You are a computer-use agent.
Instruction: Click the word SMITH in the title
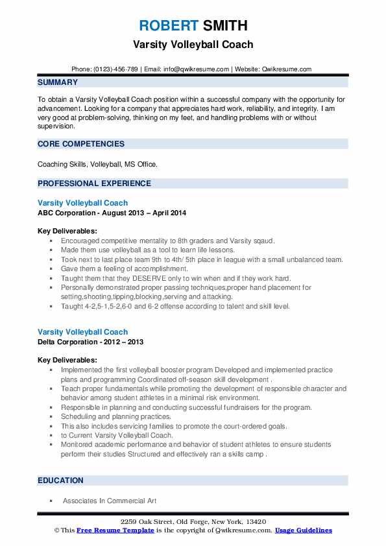[224, 26]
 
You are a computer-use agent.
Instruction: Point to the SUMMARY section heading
[58, 82]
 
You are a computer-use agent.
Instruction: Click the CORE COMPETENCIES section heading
[81, 144]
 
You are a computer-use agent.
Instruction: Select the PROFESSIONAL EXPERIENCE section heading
[94, 183]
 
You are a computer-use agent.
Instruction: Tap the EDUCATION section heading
[61, 481]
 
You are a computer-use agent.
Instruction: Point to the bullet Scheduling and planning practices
[115, 416]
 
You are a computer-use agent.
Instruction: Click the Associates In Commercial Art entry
[110, 501]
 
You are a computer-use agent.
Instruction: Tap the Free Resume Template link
[115, 530]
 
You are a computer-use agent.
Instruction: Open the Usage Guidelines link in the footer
[303, 530]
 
